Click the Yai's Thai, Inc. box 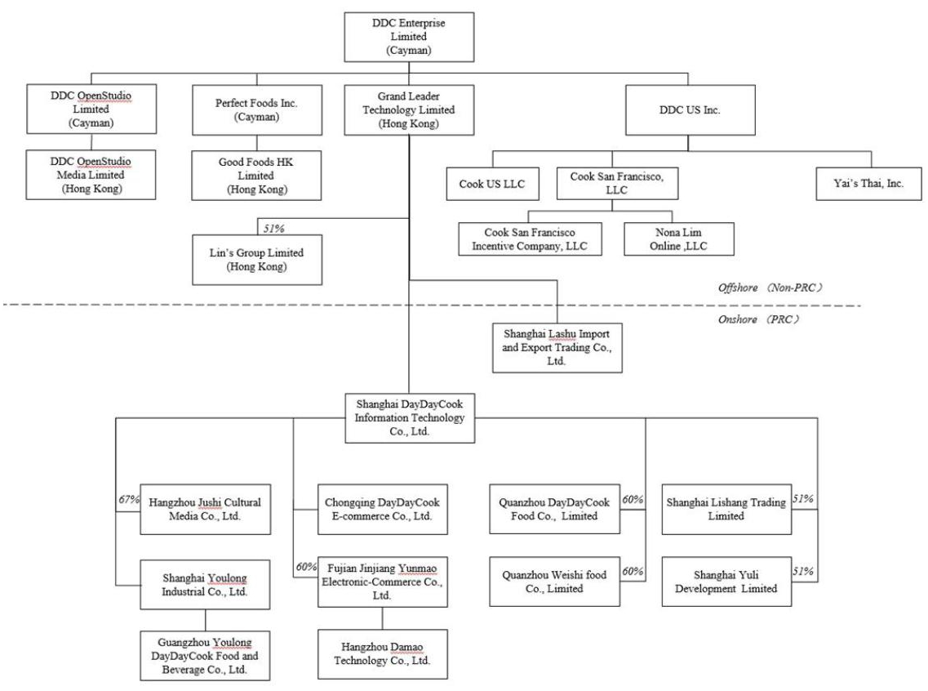point(871,184)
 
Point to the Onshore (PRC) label point(753,319)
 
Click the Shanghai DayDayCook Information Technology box point(409,417)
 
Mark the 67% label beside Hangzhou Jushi point(128,497)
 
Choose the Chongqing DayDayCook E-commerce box point(382,510)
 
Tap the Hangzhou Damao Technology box point(382,653)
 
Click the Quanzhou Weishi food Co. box point(555,582)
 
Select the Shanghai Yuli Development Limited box point(726,582)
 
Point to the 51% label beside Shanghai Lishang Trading point(804,497)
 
